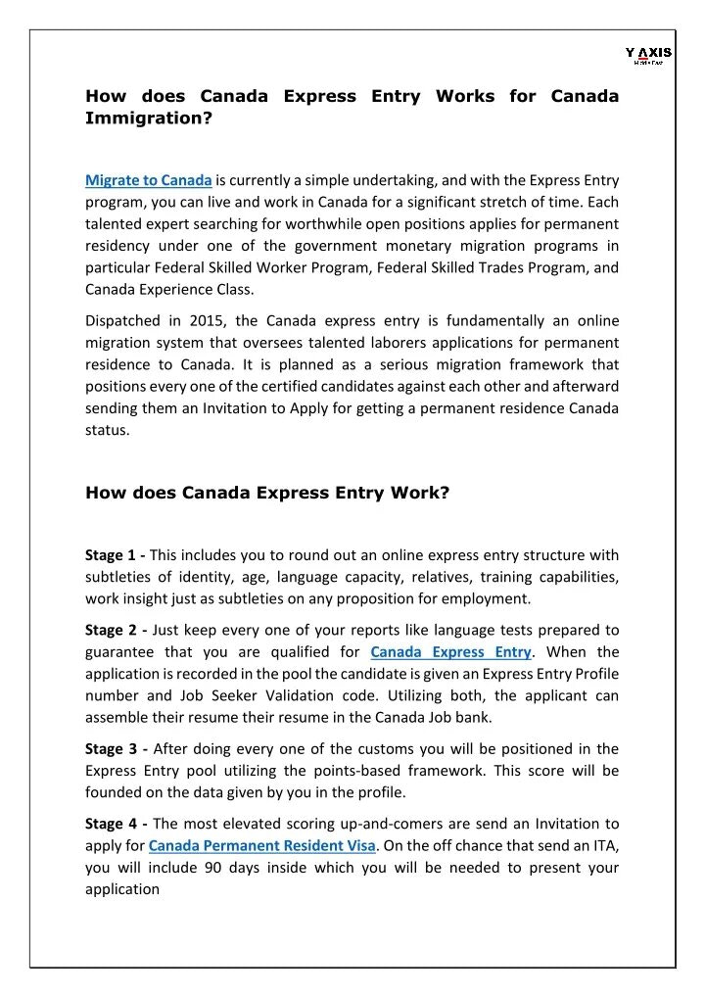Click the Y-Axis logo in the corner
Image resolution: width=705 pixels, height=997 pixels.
(x=648, y=55)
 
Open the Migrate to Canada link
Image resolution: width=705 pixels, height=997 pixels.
(x=149, y=180)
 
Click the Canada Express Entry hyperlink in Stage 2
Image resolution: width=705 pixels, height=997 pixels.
(x=450, y=652)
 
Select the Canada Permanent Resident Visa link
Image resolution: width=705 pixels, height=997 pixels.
(x=261, y=846)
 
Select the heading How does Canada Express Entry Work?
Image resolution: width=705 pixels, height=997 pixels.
(x=267, y=494)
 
